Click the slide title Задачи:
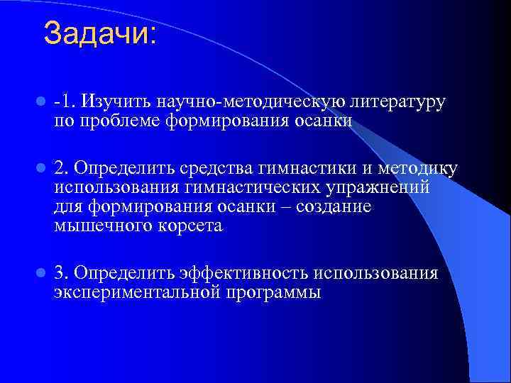pyautogui.click(x=99, y=33)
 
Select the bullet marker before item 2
pyautogui.click(x=41, y=169)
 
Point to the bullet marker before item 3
pyautogui.click(x=41, y=273)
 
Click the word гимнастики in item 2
pyautogui.click(x=306, y=169)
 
